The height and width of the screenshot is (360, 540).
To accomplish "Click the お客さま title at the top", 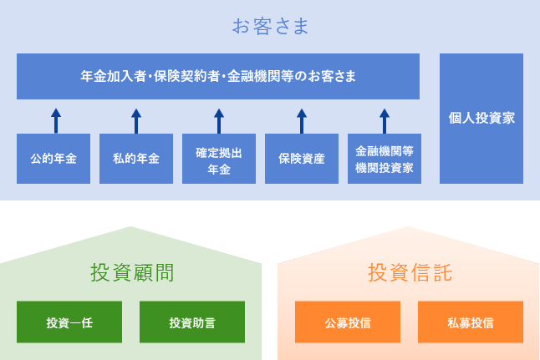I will click(x=270, y=27).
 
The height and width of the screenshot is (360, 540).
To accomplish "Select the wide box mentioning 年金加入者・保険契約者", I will click(x=218, y=76).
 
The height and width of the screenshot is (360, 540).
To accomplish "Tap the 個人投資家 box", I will click(x=481, y=118).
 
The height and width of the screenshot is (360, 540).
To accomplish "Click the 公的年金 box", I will click(x=53, y=159).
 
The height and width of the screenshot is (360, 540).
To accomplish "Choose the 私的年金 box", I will click(x=136, y=159).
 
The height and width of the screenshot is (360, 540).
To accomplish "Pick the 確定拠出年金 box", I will click(x=219, y=159).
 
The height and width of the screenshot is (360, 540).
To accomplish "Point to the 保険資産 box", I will click(x=302, y=159).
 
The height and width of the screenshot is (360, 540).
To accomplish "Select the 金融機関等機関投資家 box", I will click(x=384, y=159).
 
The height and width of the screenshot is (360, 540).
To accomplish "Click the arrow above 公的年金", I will click(x=55, y=120).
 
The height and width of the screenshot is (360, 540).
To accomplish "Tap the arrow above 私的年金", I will click(x=136, y=120).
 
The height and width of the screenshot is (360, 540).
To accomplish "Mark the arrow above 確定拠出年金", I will click(x=219, y=120).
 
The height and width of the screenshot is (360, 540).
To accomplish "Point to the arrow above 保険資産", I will click(x=302, y=120).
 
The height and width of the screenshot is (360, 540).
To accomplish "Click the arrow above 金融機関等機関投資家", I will click(x=385, y=120).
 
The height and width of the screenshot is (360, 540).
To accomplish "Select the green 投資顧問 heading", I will click(x=131, y=272).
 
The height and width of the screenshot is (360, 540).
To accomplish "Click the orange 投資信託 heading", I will click(x=409, y=272).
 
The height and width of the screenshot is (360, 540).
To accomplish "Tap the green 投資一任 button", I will click(x=69, y=322).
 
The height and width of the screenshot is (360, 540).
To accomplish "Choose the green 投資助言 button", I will click(x=192, y=322).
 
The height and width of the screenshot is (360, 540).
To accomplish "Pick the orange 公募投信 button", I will click(x=348, y=322).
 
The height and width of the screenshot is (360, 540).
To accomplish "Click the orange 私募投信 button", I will click(x=471, y=322).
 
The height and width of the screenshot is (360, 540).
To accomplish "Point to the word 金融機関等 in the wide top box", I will click(x=256, y=76).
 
